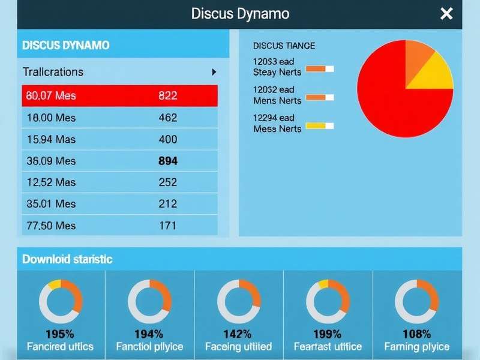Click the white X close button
pyautogui.click(x=446, y=14)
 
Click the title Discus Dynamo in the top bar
pyautogui.click(x=240, y=14)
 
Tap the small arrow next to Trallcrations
pyautogui.click(x=214, y=72)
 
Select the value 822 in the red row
pyautogui.click(x=167, y=95)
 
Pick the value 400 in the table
pyautogui.click(x=167, y=139)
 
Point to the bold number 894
pyautogui.click(x=167, y=161)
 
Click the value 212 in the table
pyautogui.click(x=167, y=204)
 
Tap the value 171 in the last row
pyautogui.click(x=167, y=226)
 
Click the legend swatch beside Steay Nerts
pyautogui.click(x=319, y=69)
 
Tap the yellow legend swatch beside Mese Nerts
pyautogui.click(x=319, y=125)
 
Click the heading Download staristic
pyautogui.click(x=67, y=259)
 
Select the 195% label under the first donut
pyautogui.click(x=60, y=334)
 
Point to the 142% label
pyautogui.click(x=238, y=334)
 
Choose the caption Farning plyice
pyautogui.click(x=416, y=347)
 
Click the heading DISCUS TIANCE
pyautogui.click(x=284, y=46)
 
